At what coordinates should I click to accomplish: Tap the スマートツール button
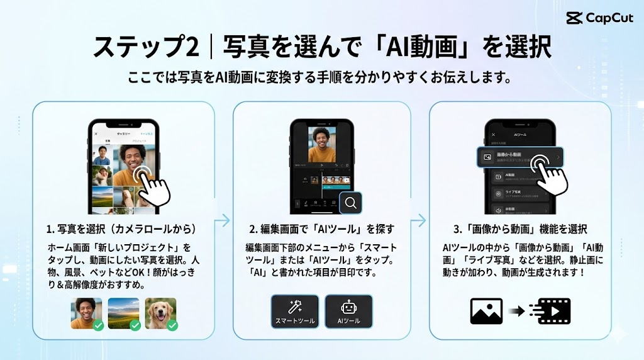tap(295, 312)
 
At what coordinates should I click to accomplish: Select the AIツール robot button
tap(349, 312)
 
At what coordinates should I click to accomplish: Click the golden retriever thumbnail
tap(160, 312)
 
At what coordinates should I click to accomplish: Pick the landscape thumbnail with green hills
tap(123, 312)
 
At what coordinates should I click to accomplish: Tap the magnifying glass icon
tap(352, 203)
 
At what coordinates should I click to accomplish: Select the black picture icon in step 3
tap(486, 311)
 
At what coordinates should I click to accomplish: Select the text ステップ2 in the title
tap(146, 47)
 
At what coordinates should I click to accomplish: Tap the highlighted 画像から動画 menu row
tap(520, 157)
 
